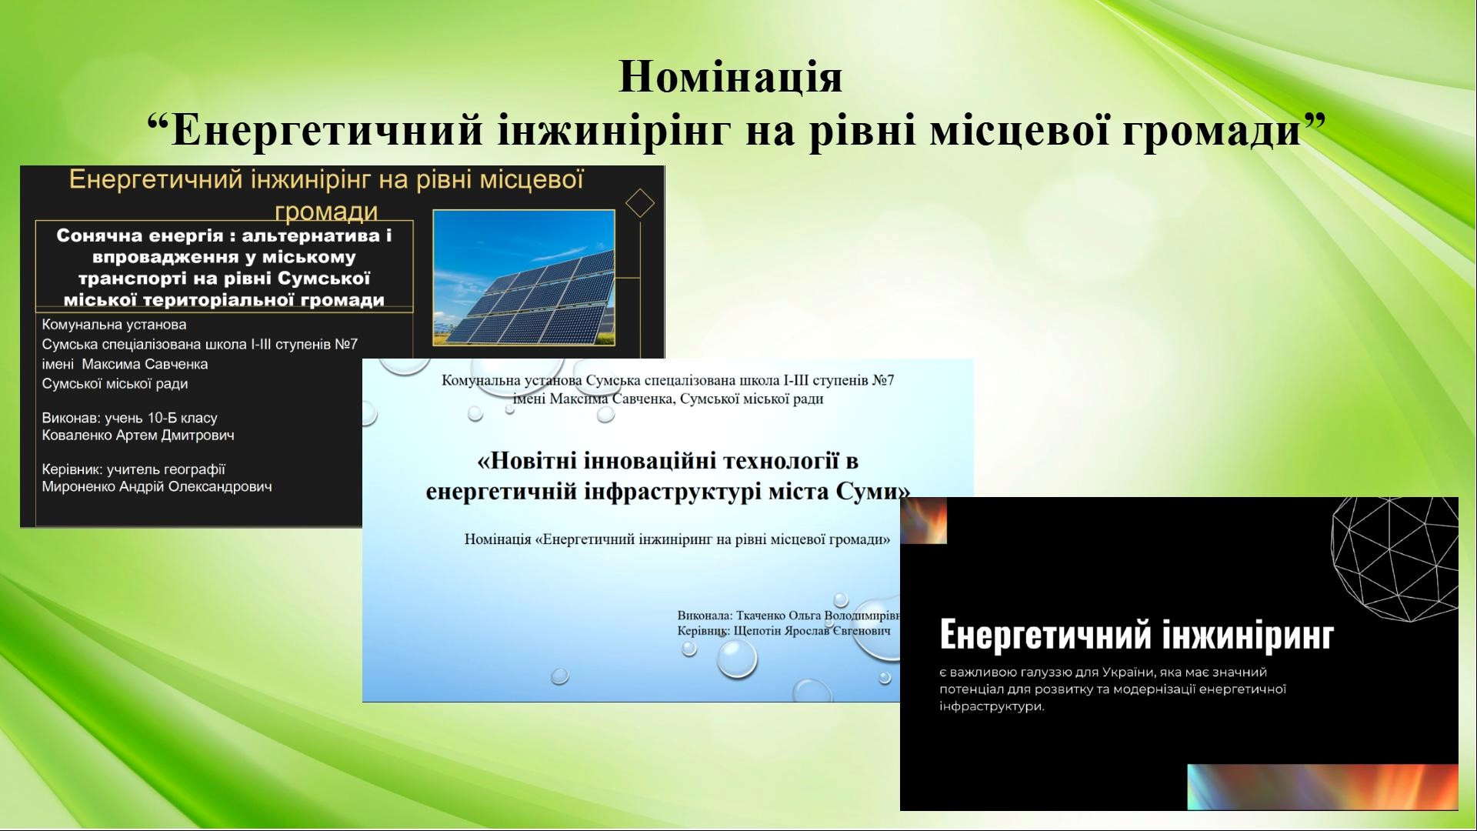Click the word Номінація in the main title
(730, 76)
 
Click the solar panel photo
(524, 277)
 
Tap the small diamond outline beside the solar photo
(640, 204)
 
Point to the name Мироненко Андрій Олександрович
(157, 486)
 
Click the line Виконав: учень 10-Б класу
(129, 419)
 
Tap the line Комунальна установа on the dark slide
(114, 325)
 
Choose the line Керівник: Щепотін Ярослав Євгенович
(784, 631)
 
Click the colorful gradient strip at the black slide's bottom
(1322, 787)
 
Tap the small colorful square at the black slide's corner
(923, 521)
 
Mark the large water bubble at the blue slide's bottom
(737, 659)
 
